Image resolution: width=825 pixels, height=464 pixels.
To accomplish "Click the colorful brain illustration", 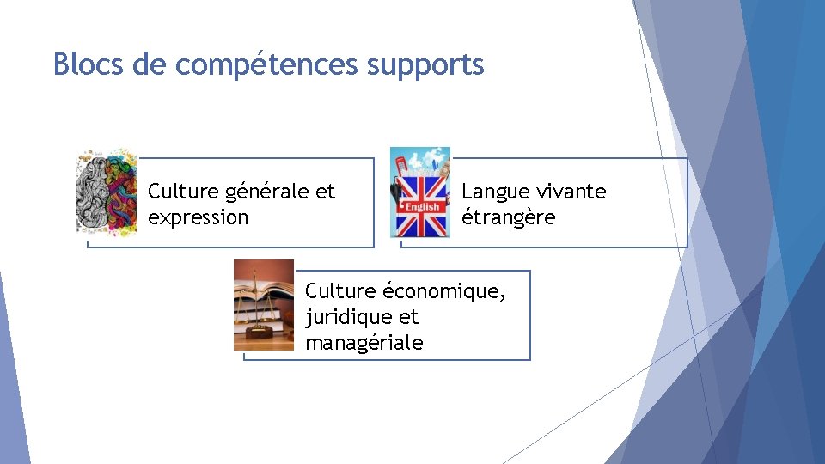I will click(x=107, y=192).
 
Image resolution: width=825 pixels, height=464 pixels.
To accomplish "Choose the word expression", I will click(x=198, y=217).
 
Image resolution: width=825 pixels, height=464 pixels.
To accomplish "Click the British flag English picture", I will click(x=420, y=192).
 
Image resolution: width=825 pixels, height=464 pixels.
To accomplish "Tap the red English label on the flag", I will click(x=421, y=206).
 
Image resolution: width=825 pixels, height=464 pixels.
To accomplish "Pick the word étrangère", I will click(x=508, y=217).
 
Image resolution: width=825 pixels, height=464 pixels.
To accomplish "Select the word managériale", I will click(x=364, y=343).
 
